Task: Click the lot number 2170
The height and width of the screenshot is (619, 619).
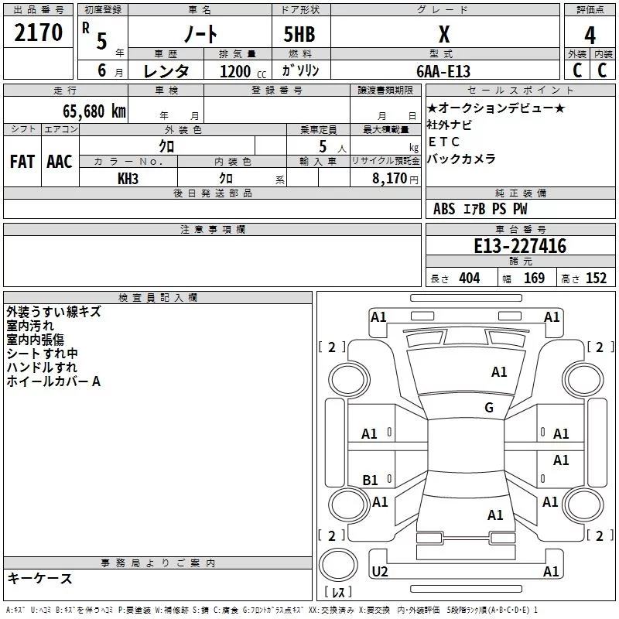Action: (38, 32)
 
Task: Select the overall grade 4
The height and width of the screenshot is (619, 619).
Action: (590, 36)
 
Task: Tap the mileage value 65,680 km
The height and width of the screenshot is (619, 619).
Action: (94, 111)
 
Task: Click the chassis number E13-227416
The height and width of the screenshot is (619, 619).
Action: (520, 246)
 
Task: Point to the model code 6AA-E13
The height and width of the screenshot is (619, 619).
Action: (443, 71)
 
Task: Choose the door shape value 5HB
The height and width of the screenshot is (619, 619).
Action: (299, 34)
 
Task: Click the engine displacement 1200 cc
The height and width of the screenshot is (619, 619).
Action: (243, 71)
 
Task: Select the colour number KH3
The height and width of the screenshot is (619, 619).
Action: (128, 179)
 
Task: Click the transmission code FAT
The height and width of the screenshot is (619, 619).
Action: (22, 162)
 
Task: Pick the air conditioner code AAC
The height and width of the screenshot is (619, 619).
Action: (60, 162)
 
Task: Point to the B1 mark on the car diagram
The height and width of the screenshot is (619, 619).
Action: (370, 480)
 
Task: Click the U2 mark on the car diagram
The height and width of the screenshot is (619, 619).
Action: (380, 571)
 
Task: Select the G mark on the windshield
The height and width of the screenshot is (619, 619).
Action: (489, 408)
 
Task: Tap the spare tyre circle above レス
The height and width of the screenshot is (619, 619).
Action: (338, 565)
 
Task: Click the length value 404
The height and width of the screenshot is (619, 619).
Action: (470, 279)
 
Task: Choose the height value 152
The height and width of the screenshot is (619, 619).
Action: (596, 279)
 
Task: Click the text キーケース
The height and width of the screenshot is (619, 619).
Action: (39, 578)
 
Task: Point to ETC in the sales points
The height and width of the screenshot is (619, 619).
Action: (443, 142)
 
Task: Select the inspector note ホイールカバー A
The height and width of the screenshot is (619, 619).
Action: (53, 381)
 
